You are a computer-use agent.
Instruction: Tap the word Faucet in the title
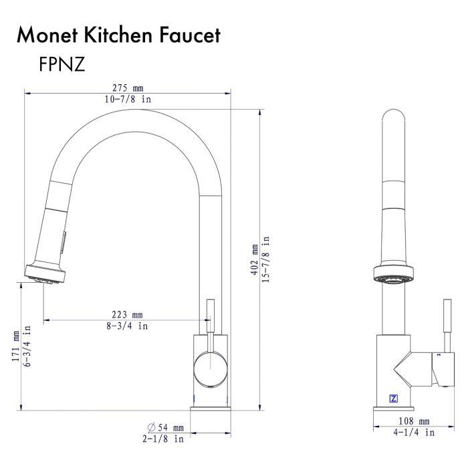[190, 35]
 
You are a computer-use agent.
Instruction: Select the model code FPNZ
[62, 64]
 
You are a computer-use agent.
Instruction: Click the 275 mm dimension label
[128, 88]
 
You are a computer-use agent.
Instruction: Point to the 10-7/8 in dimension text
[128, 99]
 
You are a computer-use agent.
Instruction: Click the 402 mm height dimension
[255, 259]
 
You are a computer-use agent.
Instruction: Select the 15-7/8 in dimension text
[265, 259]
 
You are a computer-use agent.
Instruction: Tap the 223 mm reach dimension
[128, 315]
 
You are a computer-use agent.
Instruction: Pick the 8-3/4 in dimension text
[128, 326]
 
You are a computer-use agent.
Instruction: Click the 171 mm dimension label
[15, 346]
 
